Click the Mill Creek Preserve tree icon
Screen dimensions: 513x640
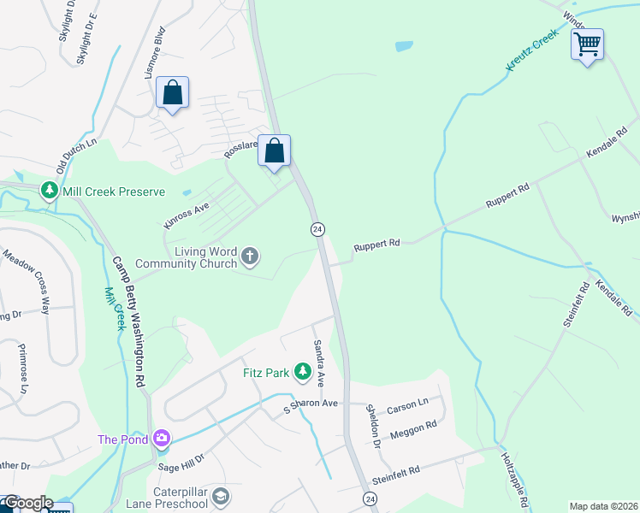(50, 190)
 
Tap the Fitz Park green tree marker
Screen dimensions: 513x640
(302, 371)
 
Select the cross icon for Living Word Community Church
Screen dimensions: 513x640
(250, 256)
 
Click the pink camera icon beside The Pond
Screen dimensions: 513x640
(161, 439)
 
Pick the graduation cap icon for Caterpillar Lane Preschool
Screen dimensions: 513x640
(221, 497)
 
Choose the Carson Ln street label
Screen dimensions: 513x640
(407, 404)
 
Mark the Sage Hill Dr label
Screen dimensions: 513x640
(181, 463)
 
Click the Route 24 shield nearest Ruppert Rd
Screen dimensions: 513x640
(317, 229)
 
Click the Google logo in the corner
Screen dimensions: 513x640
(27, 502)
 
